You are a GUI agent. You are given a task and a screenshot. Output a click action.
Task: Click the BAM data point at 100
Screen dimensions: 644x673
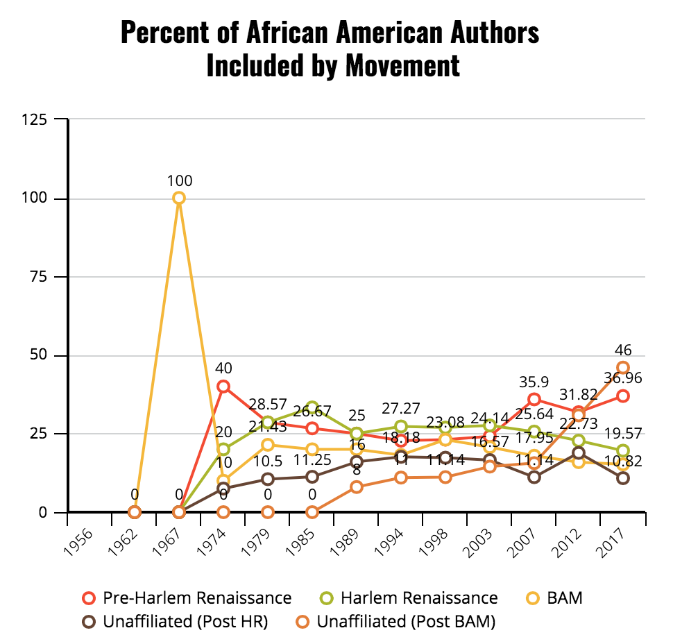tap(178, 198)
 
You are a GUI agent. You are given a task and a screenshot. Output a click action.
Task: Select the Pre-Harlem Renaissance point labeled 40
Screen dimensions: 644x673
tap(223, 387)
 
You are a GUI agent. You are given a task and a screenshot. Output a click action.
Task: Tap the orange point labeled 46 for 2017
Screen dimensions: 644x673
tap(623, 368)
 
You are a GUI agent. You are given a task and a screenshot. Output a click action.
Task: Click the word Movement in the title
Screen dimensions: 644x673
tap(402, 65)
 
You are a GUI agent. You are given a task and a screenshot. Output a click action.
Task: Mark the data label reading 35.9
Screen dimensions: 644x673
tap(534, 381)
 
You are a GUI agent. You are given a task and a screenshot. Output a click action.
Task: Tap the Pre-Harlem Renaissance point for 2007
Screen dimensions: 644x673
tap(534, 399)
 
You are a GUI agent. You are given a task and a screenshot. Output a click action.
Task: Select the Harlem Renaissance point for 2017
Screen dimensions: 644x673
tap(623, 451)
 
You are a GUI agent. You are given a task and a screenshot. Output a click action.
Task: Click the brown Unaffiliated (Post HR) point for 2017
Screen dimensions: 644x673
tap(623, 478)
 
